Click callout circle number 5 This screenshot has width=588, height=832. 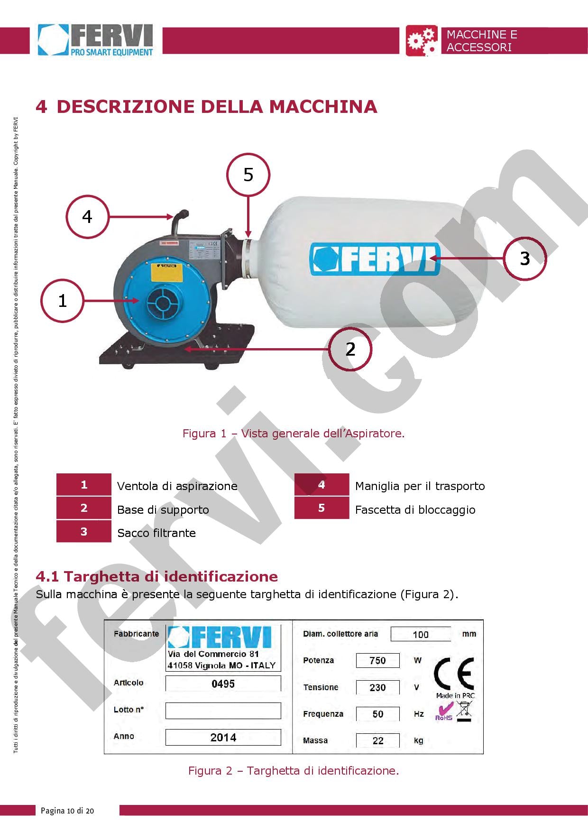coord(248,175)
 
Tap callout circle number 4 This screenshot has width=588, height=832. coord(87,217)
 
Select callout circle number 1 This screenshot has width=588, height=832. coord(62,301)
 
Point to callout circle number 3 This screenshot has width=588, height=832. coord(524,259)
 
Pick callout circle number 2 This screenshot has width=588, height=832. coord(350,349)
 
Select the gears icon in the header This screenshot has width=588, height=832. coord(422,41)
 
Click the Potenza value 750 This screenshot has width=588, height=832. coord(377,660)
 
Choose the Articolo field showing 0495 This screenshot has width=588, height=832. coord(223,684)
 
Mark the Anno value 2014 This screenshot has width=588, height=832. coord(223,737)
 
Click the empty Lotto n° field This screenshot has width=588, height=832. coord(223,710)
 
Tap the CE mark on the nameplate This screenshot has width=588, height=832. coord(454,674)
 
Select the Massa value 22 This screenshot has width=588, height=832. coord(377,740)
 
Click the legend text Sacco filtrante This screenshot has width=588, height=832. coord(156,533)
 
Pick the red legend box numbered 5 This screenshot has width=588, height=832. coord(322,508)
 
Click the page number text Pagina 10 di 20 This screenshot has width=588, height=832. coord(67,811)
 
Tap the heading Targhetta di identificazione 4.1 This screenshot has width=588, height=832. coord(157,576)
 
